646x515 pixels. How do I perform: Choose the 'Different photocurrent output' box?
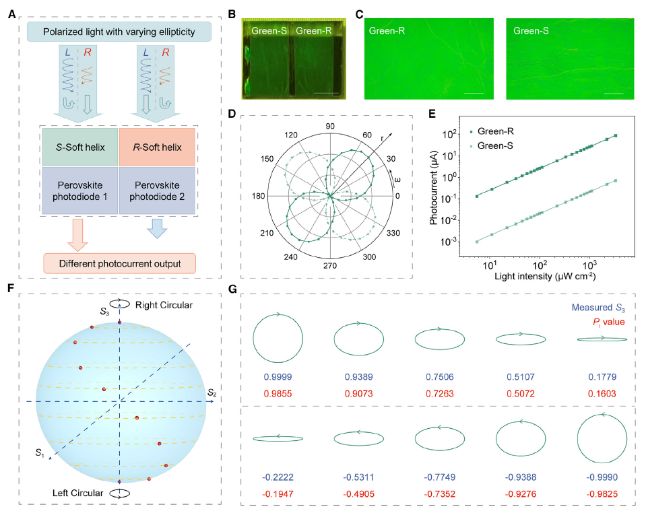pyautogui.click(x=119, y=263)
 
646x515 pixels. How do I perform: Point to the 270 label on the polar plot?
pyautogui.click(x=330, y=266)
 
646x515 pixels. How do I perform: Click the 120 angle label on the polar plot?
pyautogui.click(x=291, y=135)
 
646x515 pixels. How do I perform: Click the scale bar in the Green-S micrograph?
pyautogui.click(x=614, y=94)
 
